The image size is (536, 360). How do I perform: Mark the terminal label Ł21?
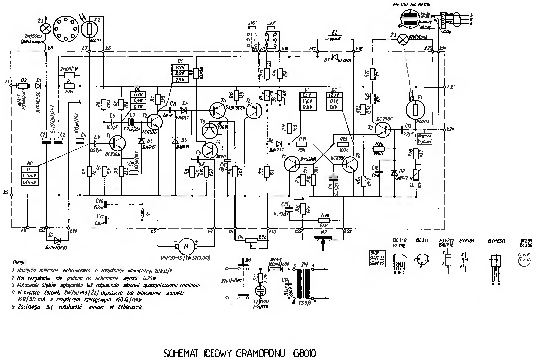tap(451, 87)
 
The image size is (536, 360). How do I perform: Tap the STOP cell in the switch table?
tap(375, 253)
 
